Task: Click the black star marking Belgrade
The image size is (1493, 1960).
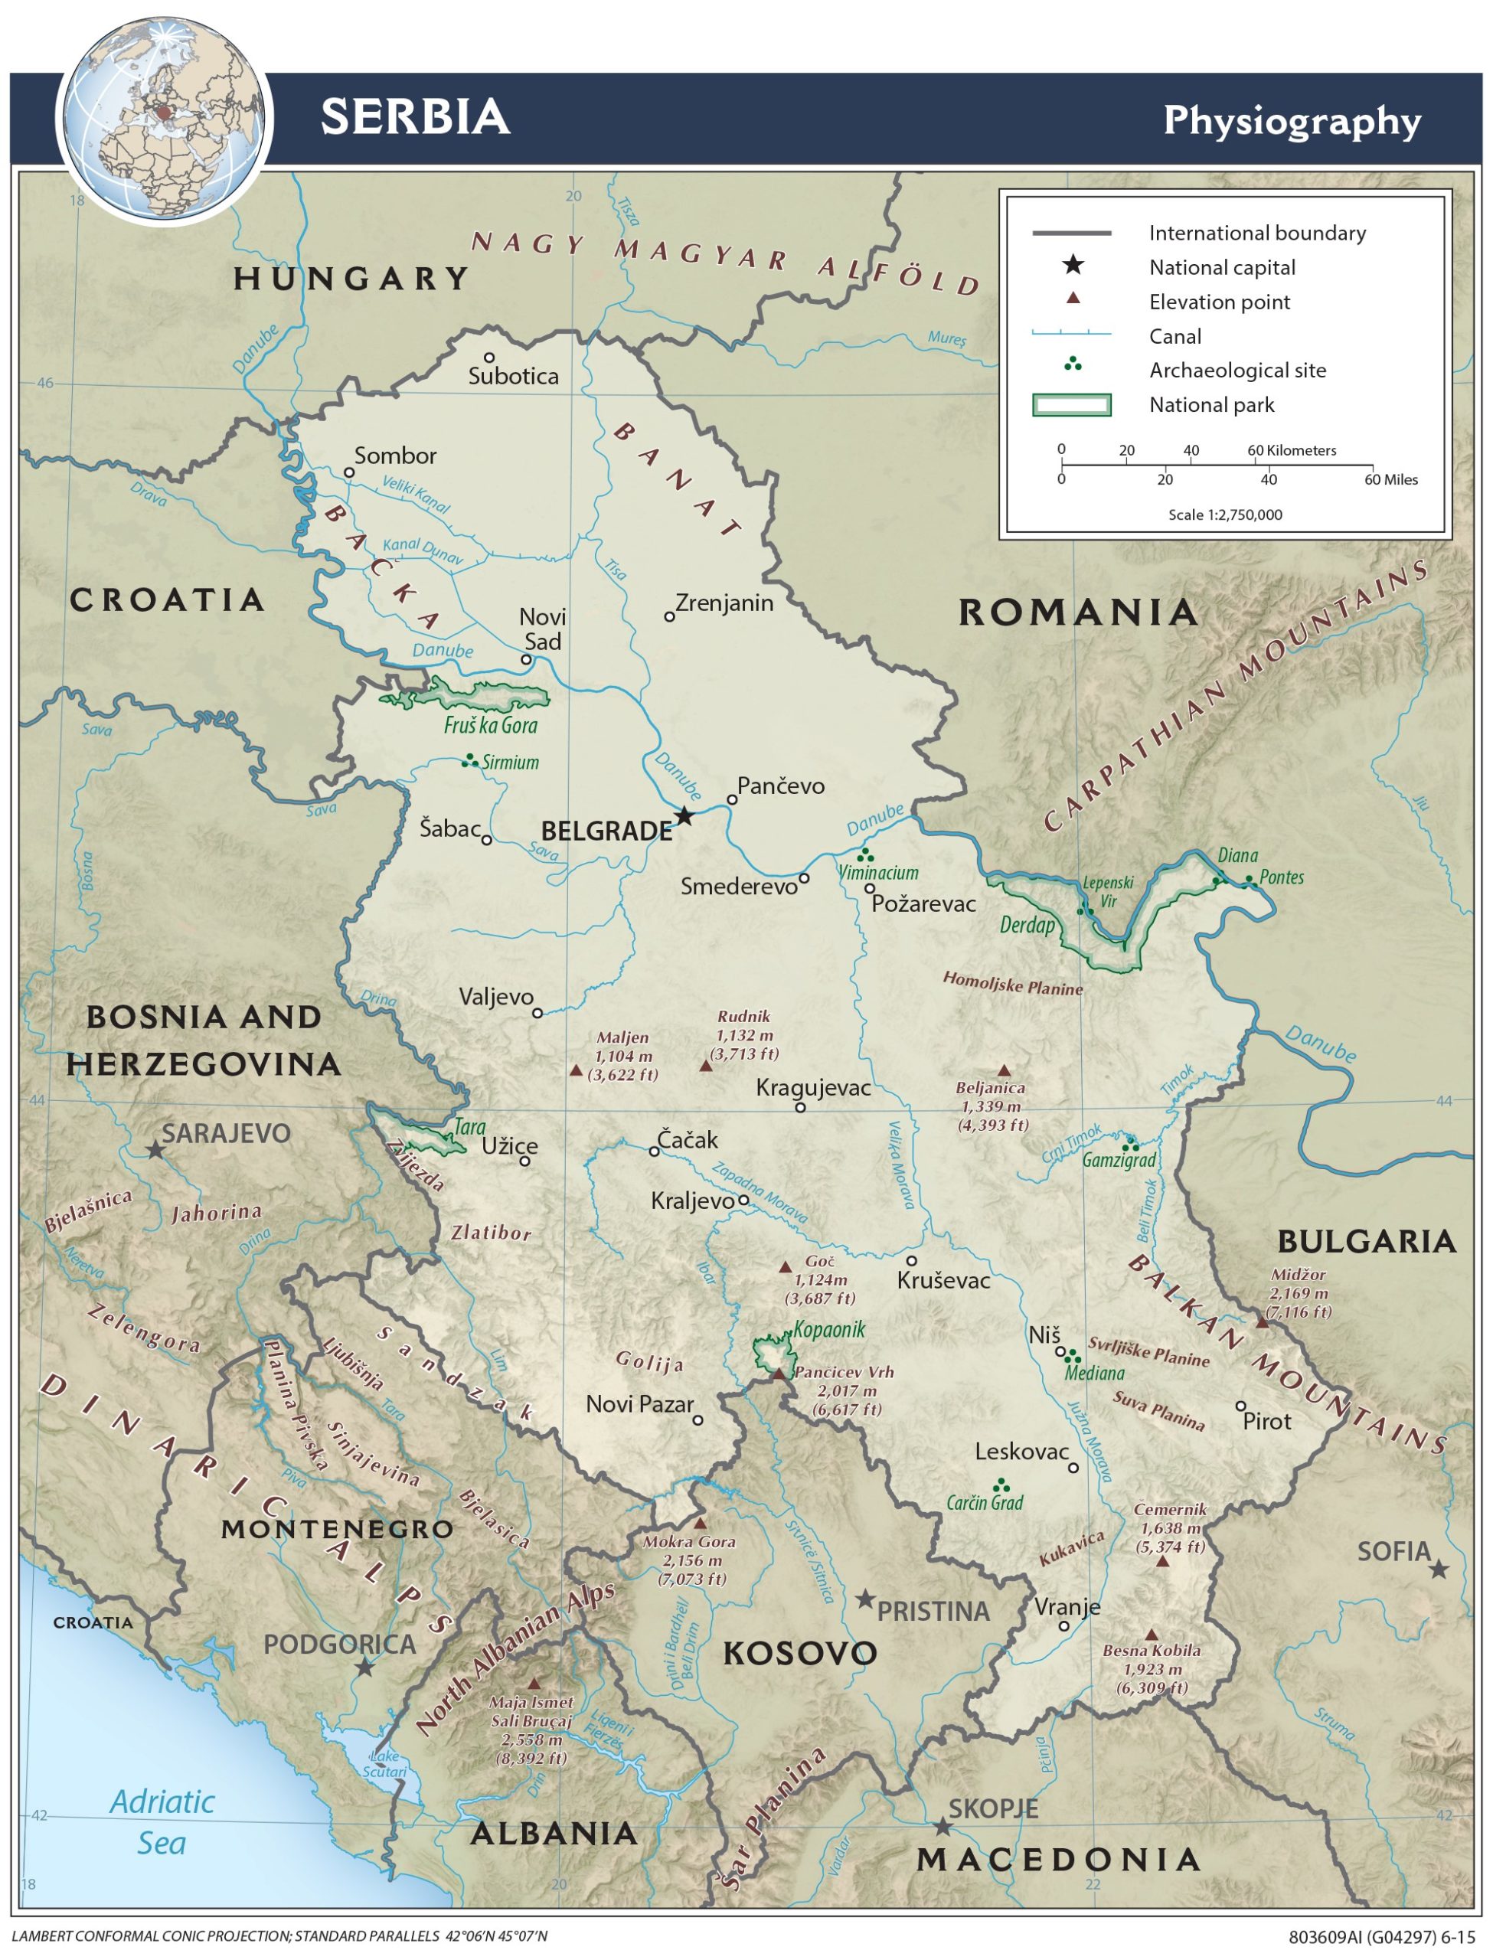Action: [684, 815]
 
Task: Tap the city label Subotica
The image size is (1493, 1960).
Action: [513, 376]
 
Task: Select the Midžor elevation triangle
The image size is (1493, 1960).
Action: [1262, 1322]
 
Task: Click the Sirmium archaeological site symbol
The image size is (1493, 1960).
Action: [469, 760]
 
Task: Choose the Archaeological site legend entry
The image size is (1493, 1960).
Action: [1237, 371]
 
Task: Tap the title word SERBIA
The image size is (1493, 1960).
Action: [415, 116]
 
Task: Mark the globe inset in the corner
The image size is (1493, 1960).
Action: [164, 120]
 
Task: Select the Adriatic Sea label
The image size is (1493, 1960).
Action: [162, 1821]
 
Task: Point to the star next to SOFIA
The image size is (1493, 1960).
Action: [1439, 1570]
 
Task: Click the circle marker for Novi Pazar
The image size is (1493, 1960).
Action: [697, 1421]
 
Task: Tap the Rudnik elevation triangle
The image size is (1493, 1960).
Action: [707, 1065]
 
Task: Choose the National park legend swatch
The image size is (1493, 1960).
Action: [1071, 405]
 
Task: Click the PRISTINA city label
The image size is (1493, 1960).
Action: [933, 1612]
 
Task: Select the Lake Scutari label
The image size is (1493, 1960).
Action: [385, 1764]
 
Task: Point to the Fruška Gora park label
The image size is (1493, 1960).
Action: [491, 725]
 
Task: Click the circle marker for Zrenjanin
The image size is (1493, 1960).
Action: [670, 616]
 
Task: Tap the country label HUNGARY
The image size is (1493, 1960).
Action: [351, 279]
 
